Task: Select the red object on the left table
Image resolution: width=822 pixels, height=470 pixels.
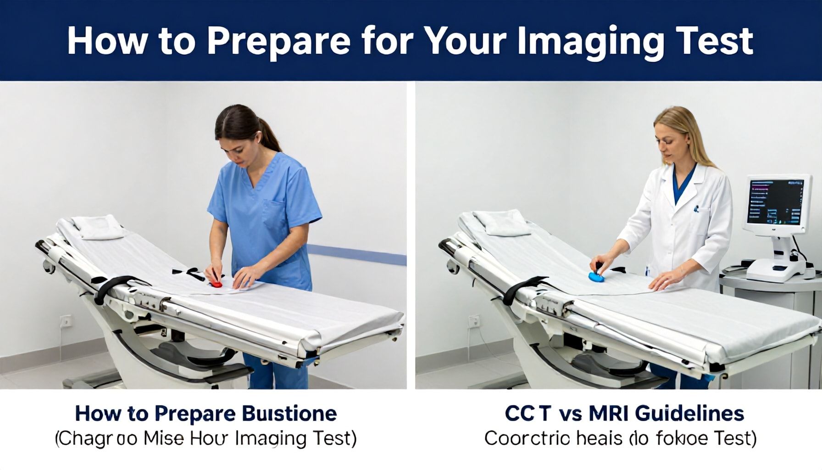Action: click(x=217, y=285)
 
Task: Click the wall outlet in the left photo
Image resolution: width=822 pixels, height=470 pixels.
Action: click(x=66, y=321)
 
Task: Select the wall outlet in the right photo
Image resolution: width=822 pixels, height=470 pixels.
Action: click(x=473, y=321)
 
